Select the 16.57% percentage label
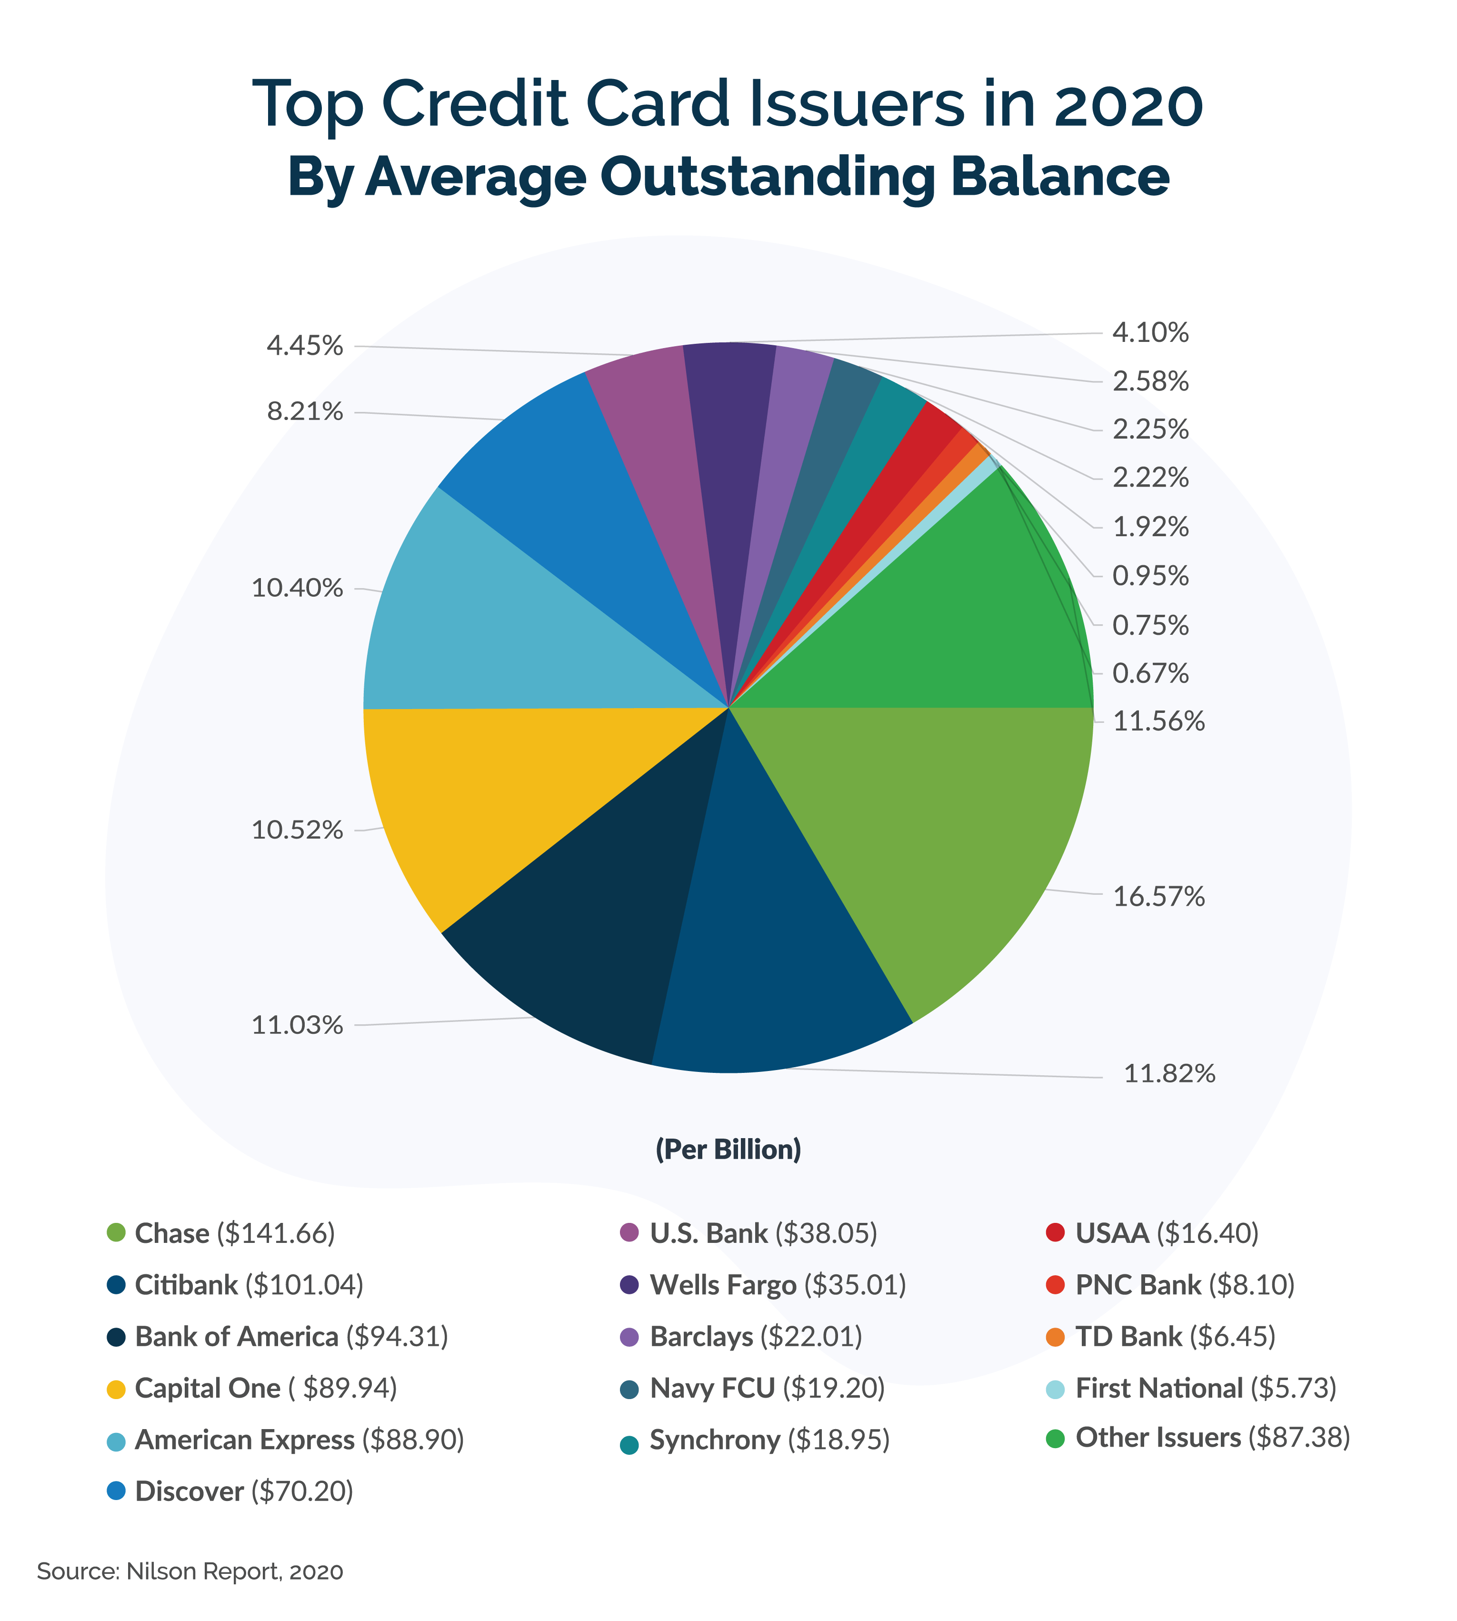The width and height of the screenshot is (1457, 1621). pos(1158,897)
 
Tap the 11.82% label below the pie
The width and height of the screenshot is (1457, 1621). pos(1169,1073)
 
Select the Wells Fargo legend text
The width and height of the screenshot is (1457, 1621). pos(777,1285)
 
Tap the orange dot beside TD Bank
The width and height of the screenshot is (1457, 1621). pos(1055,1337)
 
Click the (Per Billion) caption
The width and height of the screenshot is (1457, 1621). pos(728,1150)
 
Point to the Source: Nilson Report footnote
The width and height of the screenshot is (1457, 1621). pos(190,1571)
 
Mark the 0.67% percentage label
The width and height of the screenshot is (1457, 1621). pos(1150,674)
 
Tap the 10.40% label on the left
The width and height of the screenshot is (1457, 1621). pos(297,589)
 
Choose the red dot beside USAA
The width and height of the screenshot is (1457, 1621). pos(1055,1233)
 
